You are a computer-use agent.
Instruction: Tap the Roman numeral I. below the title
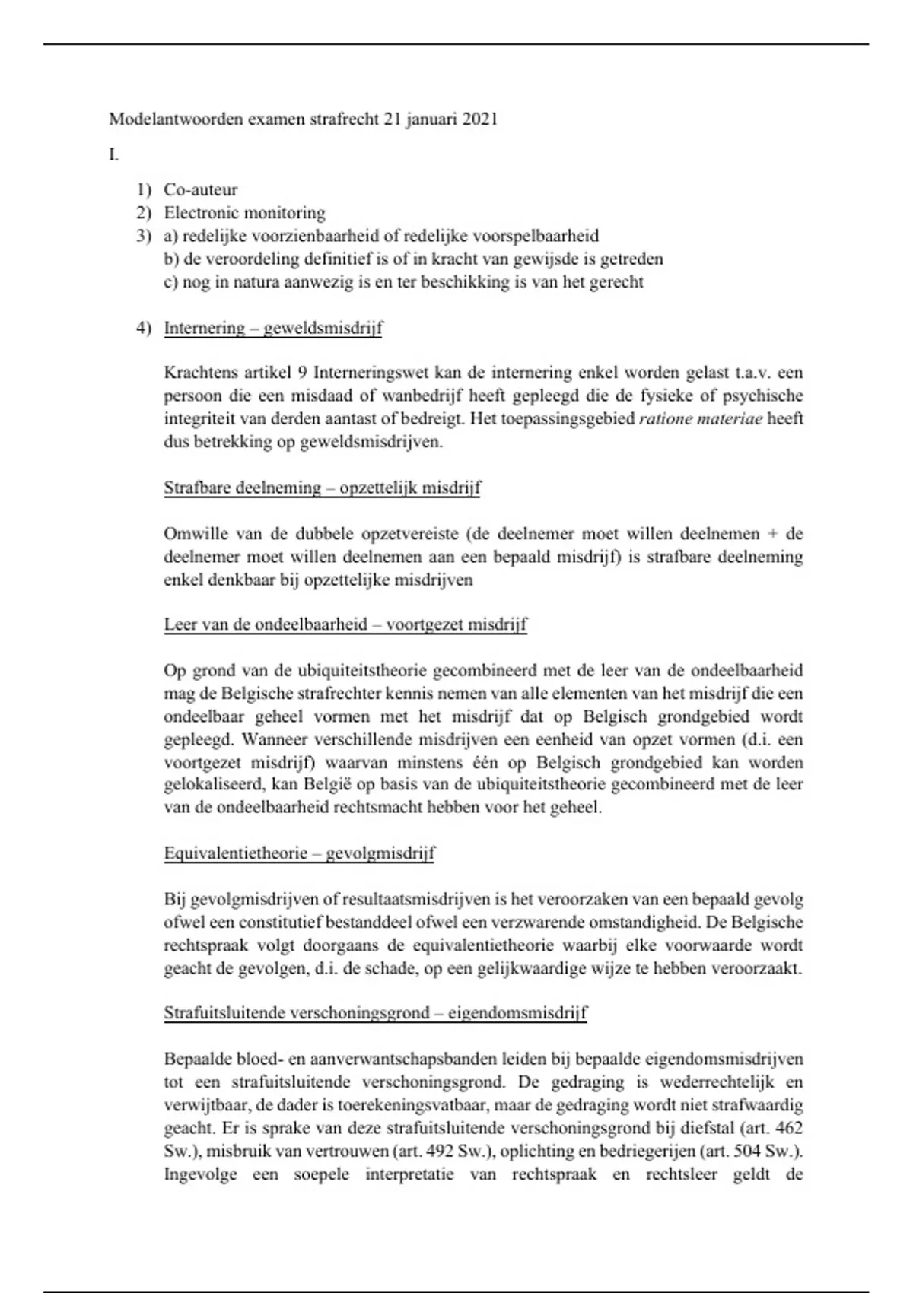tap(113, 155)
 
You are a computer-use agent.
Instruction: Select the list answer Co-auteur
tap(201, 190)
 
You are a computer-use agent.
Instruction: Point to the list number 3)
tap(145, 236)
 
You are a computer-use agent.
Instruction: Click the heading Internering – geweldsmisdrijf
tap(273, 328)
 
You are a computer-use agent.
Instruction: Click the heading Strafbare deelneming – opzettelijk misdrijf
tap(322, 488)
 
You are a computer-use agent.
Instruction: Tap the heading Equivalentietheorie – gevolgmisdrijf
tap(299, 853)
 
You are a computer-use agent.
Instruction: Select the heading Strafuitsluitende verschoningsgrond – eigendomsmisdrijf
tap(375, 1013)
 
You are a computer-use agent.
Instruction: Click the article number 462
tap(788, 1128)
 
